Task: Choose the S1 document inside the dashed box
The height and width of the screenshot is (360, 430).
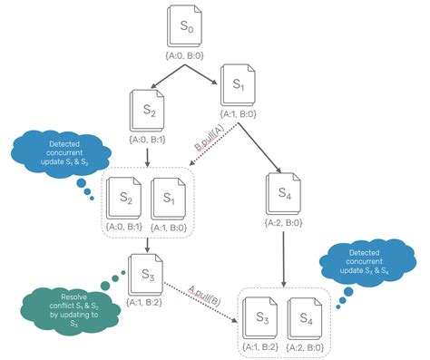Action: [x=170, y=193]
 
